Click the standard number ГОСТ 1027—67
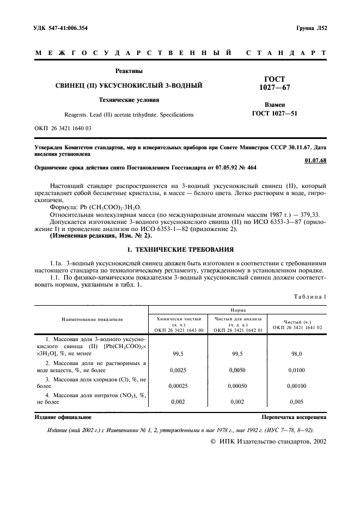274,83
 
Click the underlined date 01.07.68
315,161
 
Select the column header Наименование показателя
92,319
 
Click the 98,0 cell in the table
297,353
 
